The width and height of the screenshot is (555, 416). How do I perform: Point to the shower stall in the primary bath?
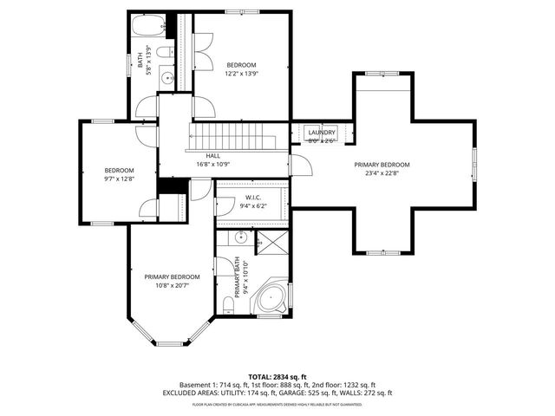tap(273, 240)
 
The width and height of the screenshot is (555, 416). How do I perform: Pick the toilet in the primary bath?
tap(226, 303)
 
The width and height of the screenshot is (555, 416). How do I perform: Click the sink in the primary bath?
tap(244, 238)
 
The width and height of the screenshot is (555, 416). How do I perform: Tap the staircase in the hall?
tap(232, 136)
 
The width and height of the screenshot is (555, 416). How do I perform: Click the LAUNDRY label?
tap(321, 132)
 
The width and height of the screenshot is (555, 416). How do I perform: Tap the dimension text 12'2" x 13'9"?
tap(242, 74)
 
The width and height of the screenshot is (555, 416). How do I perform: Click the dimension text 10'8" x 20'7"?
tap(172, 285)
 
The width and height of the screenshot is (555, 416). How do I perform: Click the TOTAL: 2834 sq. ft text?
tap(277, 377)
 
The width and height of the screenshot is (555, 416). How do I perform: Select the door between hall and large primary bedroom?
tap(296, 166)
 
